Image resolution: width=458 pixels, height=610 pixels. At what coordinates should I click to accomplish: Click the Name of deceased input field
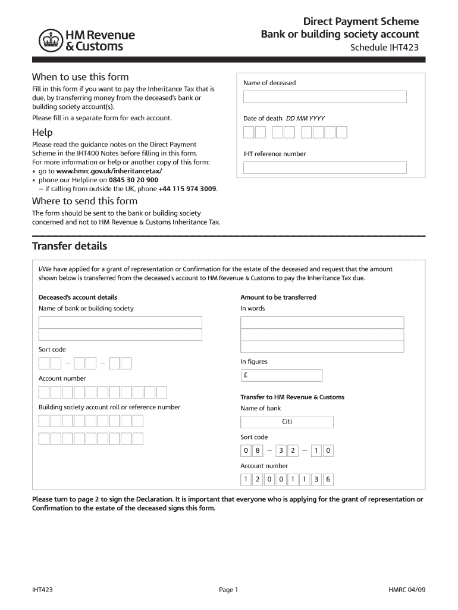[x=325, y=97]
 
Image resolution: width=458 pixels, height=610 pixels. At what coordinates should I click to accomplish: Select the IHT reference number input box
[x=325, y=168]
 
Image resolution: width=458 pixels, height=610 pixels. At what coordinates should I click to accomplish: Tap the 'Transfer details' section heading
[x=70, y=246]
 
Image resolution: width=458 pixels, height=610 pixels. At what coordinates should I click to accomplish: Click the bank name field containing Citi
[x=287, y=422]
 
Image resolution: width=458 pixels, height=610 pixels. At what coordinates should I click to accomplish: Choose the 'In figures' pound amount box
[x=281, y=375]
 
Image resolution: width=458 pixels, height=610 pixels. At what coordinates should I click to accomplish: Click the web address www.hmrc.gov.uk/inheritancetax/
[x=109, y=171]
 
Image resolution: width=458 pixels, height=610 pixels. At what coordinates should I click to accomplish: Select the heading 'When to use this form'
[x=80, y=77]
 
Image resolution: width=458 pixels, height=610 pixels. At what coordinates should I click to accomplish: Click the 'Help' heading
[x=42, y=132]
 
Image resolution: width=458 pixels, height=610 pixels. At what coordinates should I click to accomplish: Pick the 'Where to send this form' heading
[x=84, y=201]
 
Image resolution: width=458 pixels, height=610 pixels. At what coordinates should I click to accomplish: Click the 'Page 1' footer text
[x=228, y=590]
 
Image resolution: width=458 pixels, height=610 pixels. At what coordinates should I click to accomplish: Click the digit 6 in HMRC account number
[x=328, y=480]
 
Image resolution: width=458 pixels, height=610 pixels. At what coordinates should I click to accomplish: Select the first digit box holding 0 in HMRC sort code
[x=246, y=451]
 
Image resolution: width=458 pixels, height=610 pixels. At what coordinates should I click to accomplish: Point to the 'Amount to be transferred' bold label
[x=278, y=297]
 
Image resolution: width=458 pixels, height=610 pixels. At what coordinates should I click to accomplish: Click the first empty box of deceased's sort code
[x=44, y=363]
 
